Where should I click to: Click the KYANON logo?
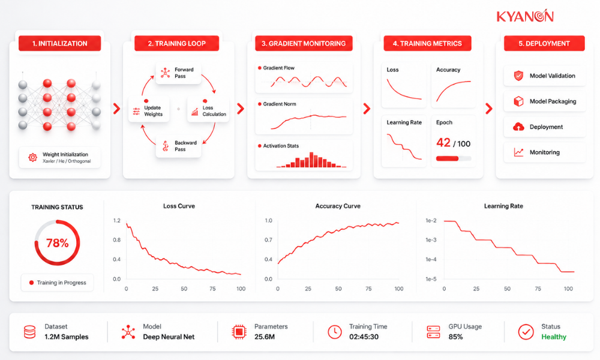pos(525,16)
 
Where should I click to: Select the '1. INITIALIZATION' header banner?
pos(59,43)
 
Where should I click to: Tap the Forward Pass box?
pos(179,73)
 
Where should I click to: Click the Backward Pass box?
pos(179,146)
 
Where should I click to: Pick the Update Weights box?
pos(149,109)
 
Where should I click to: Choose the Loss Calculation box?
pos(208,109)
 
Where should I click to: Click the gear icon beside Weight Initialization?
pos(33,157)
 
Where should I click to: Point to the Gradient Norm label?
pos(280,104)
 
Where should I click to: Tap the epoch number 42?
pos(443,143)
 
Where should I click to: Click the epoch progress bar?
pos(454,158)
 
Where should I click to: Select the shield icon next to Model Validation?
pos(518,76)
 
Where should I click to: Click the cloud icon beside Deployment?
pos(518,127)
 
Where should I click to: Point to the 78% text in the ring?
pos(58,243)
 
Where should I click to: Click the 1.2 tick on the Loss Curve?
pos(117,220)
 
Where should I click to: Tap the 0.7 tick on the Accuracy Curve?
pos(268,240)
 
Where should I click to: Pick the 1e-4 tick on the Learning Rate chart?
pos(431,259)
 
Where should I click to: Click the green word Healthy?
pos(554,337)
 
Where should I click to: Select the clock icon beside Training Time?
pos(335,332)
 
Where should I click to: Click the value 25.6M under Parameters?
pos(265,337)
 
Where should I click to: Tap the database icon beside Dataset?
pos(30,332)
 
